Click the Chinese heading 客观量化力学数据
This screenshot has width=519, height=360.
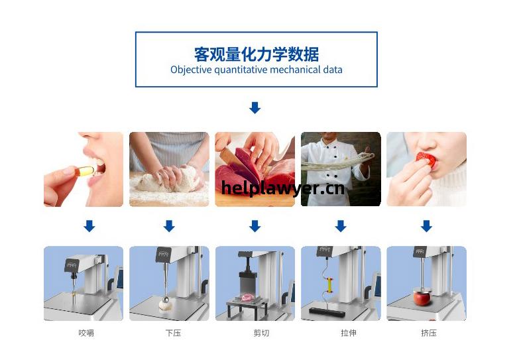coord(257,54)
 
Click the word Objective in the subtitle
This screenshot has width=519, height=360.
coord(191,70)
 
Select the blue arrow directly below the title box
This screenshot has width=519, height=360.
coord(255,107)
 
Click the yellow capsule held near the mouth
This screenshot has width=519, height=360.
coord(84,171)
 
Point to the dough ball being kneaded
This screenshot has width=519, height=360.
coord(169,179)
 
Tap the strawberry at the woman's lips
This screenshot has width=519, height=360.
coord(426,159)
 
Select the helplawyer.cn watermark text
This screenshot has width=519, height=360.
coord(282,188)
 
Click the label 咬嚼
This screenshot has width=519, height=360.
coord(86,333)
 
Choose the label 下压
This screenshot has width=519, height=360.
coord(173,333)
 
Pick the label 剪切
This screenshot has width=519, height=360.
coord(261,333)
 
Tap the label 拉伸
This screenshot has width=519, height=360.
coord(349,333)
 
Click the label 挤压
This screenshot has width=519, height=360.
coord(429,333)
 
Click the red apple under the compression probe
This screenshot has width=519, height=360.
coord(422,298)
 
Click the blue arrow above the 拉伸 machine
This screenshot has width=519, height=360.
coord(341,226)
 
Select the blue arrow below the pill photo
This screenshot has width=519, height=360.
coord(89,226)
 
